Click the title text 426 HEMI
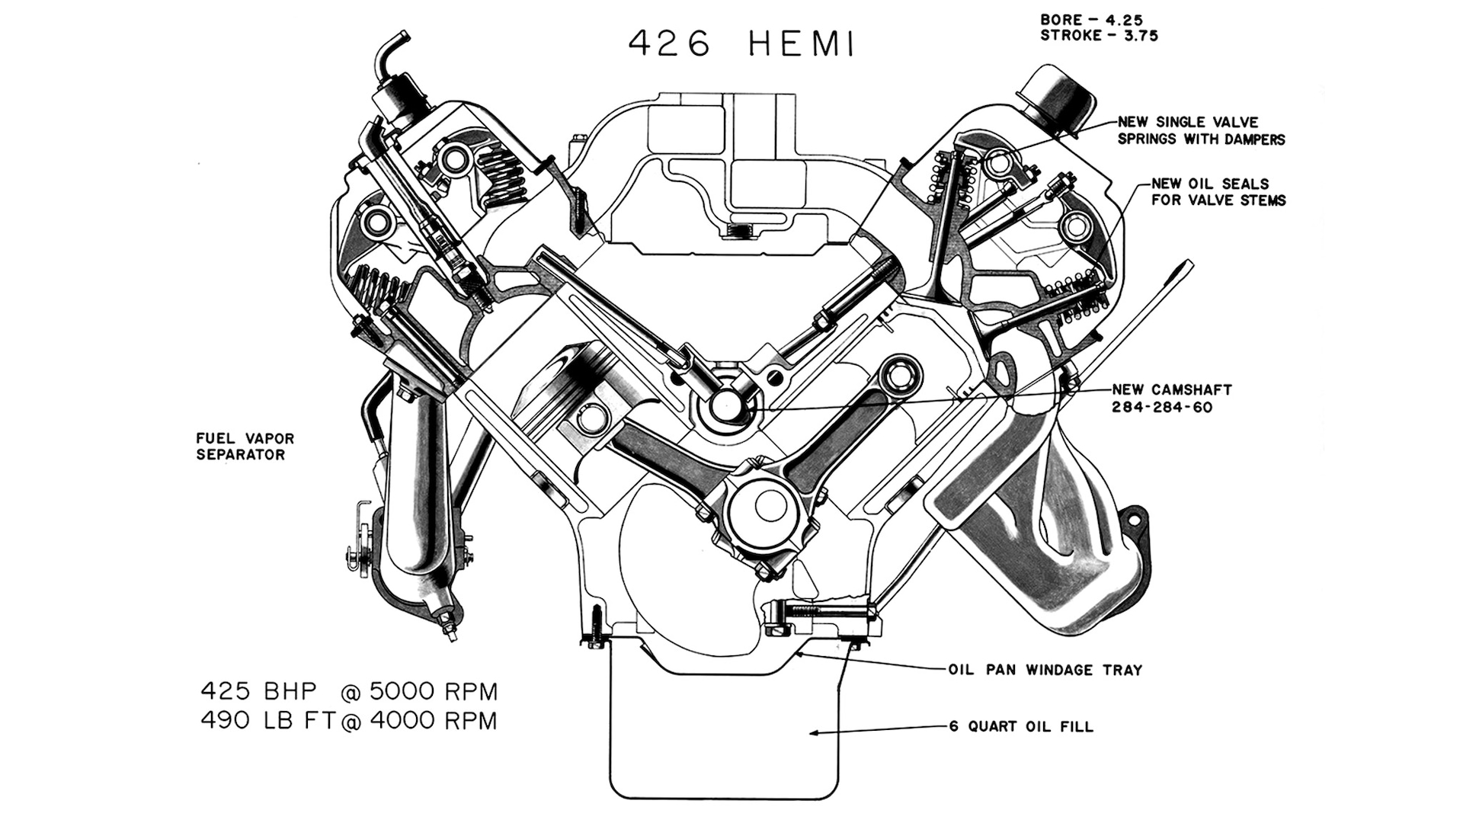(741, 44)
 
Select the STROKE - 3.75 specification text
(1099, 36)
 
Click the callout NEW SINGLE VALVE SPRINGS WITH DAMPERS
(1200, 130)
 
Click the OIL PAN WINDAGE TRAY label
(1045, 670)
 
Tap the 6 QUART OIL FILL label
(1020, 726)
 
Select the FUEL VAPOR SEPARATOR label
(245, 447)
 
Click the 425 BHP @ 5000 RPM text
(349, 691)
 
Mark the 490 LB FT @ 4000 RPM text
(349, 720)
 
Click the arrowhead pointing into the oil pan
(815, 733)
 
